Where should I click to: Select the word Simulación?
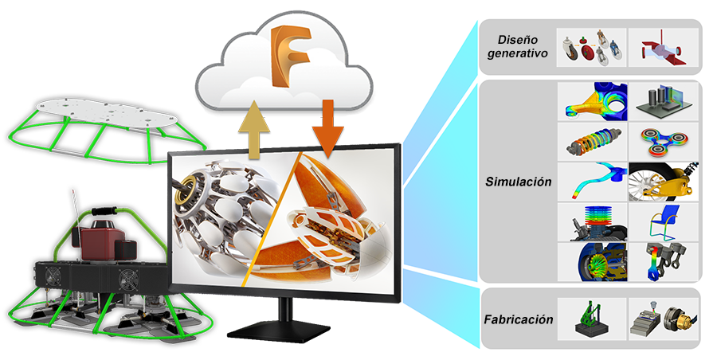coord(519,182)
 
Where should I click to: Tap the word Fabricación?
coord(518,319)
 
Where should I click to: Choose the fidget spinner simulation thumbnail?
coord(664,140)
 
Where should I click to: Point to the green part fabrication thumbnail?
coord(591,318)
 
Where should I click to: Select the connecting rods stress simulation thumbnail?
coord(664,261)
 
